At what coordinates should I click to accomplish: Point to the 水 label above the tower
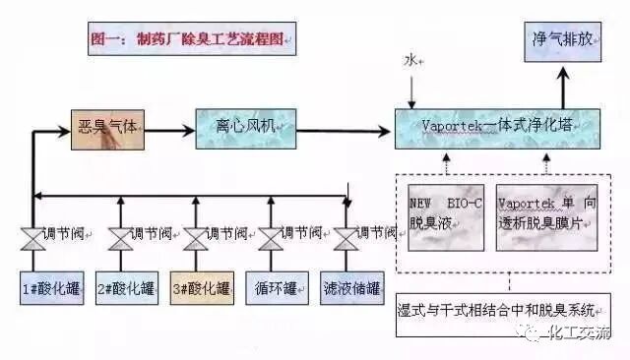tap(410, 61)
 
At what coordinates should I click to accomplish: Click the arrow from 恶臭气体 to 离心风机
tap(168, 128)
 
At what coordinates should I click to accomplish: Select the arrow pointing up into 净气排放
tap(564, 88)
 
